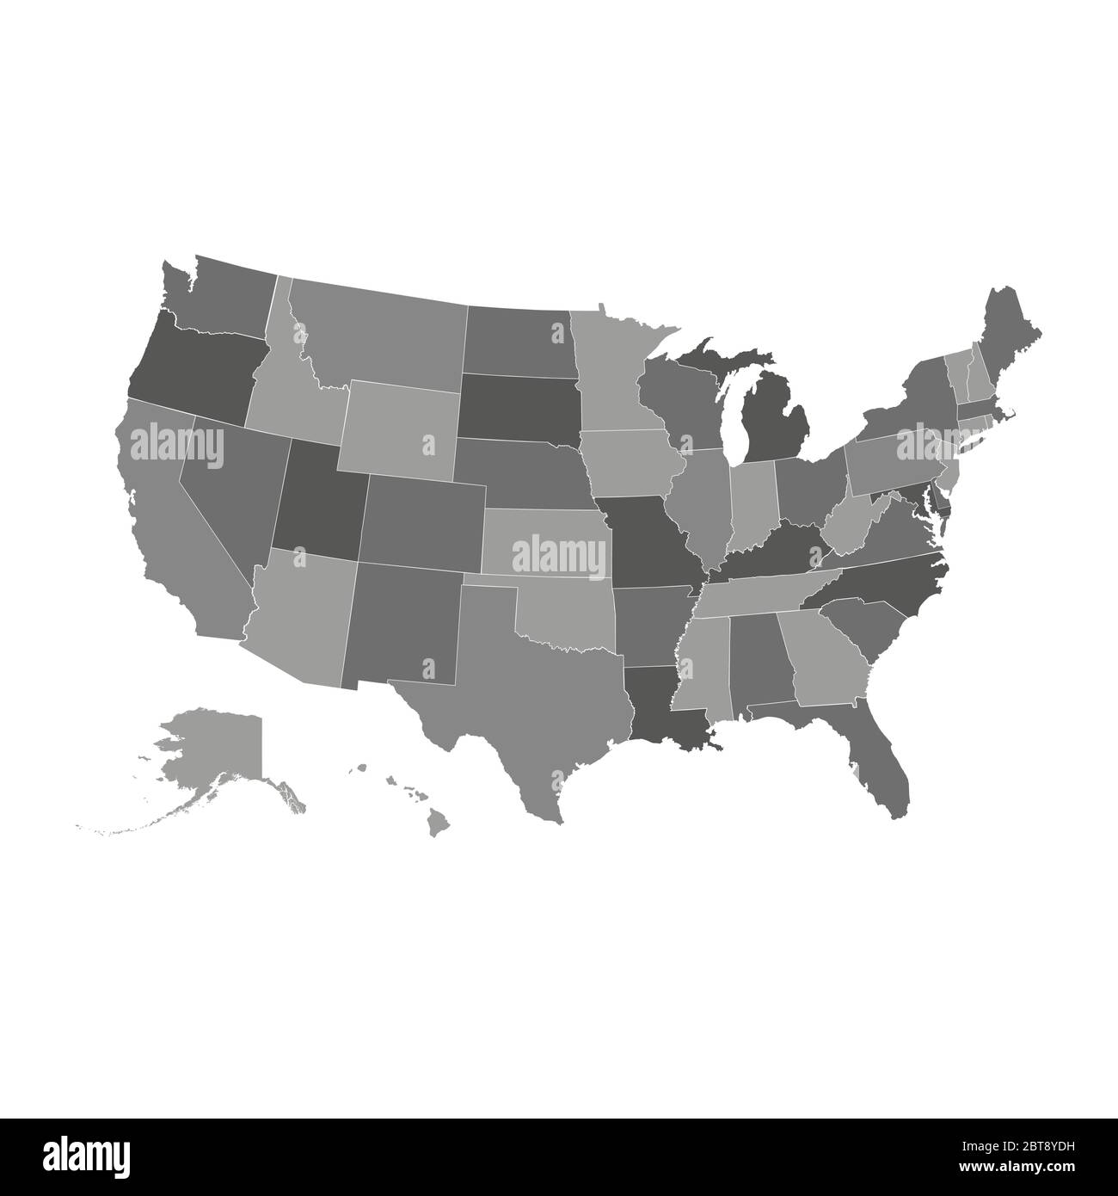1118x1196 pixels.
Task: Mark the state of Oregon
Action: pyautogui.click(x=193, y=366)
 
